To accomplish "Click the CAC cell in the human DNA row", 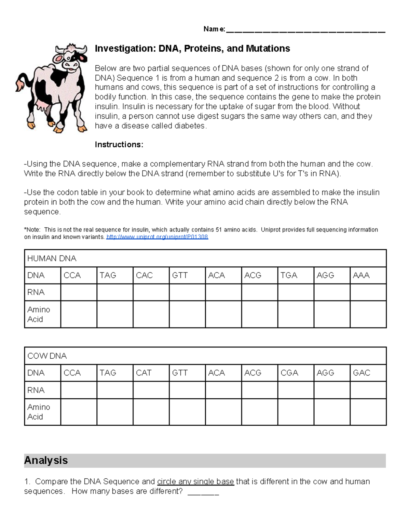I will pos(151,275).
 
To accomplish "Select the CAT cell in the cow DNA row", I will pos(151,373).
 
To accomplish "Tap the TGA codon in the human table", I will pos(296,275).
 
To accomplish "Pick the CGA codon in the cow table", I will pos(296,373).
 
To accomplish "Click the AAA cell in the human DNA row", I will pos(368,275).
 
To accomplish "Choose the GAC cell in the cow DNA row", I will pos(368,373).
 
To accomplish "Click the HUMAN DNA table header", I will pos(52,258).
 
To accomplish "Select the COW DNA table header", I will pos(47,356).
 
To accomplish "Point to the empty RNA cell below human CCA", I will pos(79,292).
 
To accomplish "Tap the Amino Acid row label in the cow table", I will pos(39,412).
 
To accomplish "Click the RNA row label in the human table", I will pos(36,292).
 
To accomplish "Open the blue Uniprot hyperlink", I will pos(157,237).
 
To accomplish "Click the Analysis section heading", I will pos(46,460).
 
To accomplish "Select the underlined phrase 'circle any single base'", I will pos(195,481).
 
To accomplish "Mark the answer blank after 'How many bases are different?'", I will pos(203,492).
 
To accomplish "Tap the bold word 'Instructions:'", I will pos(119,145).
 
